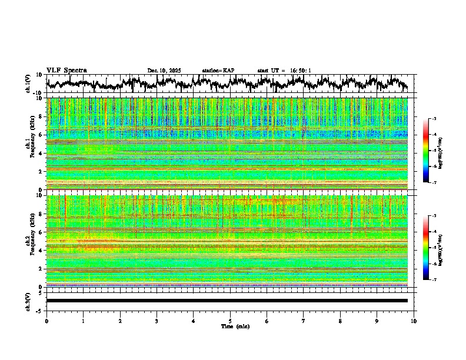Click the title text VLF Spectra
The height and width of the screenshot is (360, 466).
(x=66, y=71)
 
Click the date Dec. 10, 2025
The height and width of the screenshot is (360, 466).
(x=164, y=71)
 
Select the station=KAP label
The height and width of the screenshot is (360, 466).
(x=218, y=71)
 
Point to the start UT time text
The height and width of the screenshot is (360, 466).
(x=284, y=71)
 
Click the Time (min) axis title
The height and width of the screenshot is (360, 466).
(x=235, y=326)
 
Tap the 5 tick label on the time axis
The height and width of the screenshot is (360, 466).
(x=230, y=321)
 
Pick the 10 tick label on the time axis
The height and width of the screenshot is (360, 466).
(x=414, y=321)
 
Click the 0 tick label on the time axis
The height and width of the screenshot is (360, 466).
(x=46, y=321)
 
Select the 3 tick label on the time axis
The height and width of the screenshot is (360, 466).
(x=157, y=321)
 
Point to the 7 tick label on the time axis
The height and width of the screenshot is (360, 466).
(x=304, y=321)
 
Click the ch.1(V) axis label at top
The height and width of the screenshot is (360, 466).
(x=28, y=84)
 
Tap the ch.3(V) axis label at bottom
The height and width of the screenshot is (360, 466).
(x=28, y=301)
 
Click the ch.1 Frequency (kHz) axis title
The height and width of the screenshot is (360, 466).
(x=29, y=144)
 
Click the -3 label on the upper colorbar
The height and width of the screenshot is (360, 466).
(x=434, y=119)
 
